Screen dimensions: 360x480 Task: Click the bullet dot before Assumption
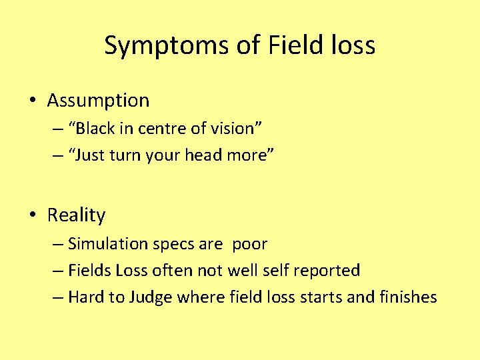32,101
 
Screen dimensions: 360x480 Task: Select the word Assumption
98,101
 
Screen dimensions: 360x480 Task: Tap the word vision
230,129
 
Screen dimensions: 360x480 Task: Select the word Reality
76,215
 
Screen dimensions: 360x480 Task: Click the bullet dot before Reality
32,215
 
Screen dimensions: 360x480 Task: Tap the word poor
249,244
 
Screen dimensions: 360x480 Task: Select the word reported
327,270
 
